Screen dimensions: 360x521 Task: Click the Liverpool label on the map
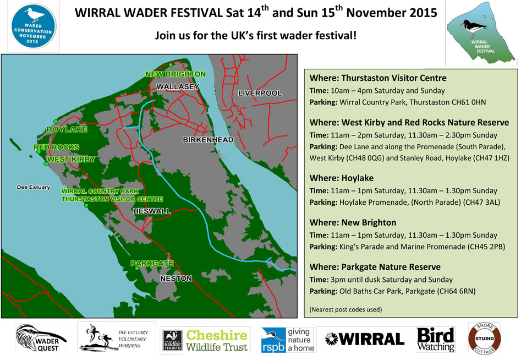click(259, 94)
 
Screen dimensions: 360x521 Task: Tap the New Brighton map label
click(176, 74)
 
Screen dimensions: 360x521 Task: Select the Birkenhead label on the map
click(208, 140)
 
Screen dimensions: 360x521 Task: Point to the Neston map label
click(176, 279)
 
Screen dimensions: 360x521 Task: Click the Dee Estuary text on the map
click(33, 188)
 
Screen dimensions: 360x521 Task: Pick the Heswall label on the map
click(151, 211)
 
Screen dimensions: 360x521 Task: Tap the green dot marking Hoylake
click(55, 121)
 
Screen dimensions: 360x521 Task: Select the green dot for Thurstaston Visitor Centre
click(86, 205)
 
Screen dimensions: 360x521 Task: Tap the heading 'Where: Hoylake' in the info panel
click(342, 178)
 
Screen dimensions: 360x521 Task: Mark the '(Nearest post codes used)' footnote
click(345, 309)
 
